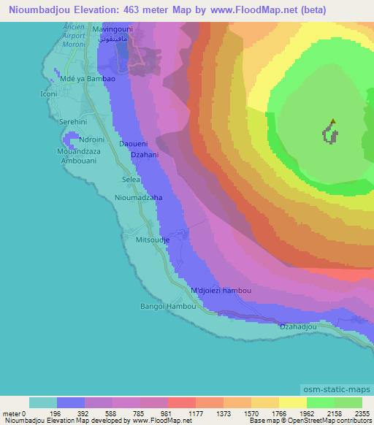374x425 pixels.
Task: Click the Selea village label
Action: click(x=131, y=179)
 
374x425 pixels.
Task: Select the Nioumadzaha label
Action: click(x=138, y=198)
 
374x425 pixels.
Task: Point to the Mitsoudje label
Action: click(x=153, y=239)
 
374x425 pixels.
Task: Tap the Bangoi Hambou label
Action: click(x=169, y=306)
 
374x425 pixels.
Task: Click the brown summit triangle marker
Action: click(x=333, y=122)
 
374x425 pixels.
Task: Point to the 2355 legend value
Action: click(x=361, y=412)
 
